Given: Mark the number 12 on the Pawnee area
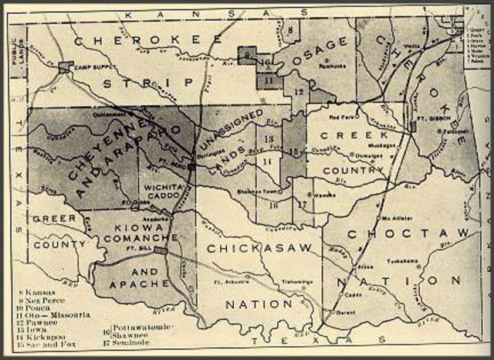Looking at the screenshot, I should [x=298, y=91].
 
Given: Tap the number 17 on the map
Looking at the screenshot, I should [x=302, y=204].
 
